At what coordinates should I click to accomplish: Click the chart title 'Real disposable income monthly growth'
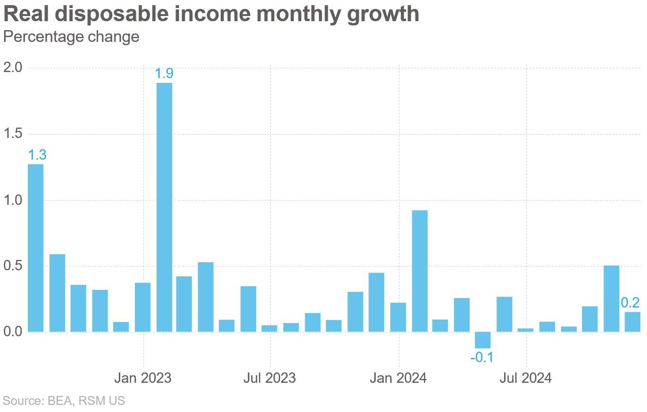(211, 14)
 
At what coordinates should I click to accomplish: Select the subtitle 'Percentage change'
(71, 37)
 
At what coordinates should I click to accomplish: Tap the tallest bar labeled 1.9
(164, 207)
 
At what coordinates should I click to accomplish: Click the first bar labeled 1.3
(35, 248)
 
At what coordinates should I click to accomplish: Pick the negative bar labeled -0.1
(482, 340)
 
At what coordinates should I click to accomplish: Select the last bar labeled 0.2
(632, 322)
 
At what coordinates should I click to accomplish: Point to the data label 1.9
(164, 74)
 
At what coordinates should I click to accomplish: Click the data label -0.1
(482, 358)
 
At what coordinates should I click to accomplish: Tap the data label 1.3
(37, 155)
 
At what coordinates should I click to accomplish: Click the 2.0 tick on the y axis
(13, 68)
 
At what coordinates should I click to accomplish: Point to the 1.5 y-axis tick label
(13, 134)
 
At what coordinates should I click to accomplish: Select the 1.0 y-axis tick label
(13, 200)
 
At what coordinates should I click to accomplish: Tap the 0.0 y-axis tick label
(13, 332)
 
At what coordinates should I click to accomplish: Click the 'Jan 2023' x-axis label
(143, 378)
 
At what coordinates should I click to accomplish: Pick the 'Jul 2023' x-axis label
(270, 378)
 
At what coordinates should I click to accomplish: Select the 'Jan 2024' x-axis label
(399, 378)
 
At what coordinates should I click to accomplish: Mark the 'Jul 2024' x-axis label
(526, 378)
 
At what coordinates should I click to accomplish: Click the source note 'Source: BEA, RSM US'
(64, 401)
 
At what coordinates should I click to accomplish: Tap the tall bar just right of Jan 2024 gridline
(420, 271)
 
